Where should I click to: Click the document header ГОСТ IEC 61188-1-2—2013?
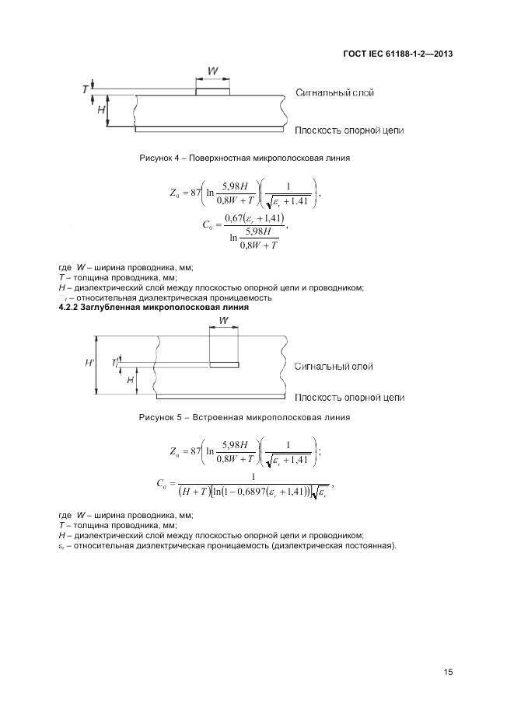[x=399, y=54]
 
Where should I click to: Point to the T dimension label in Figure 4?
[x=85, y=89]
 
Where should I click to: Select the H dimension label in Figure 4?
[x=101, y=110]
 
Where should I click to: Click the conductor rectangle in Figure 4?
[x=212, y=92]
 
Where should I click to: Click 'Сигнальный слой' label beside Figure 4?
[x=334, y=92]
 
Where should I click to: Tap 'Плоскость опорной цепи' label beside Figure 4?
[x=349, y=130]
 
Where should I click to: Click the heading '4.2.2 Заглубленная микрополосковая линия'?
[x=154, y=307]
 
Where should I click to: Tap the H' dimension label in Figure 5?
[x=89, y=363]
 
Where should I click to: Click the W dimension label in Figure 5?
[x=224, y=320]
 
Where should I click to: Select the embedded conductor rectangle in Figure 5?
[x=224, y=363]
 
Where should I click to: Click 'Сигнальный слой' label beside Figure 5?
[x=334, y=366]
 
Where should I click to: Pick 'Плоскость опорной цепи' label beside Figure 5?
[x=349, y=398]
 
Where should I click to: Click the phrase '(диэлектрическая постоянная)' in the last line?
[x=334, y=544]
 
